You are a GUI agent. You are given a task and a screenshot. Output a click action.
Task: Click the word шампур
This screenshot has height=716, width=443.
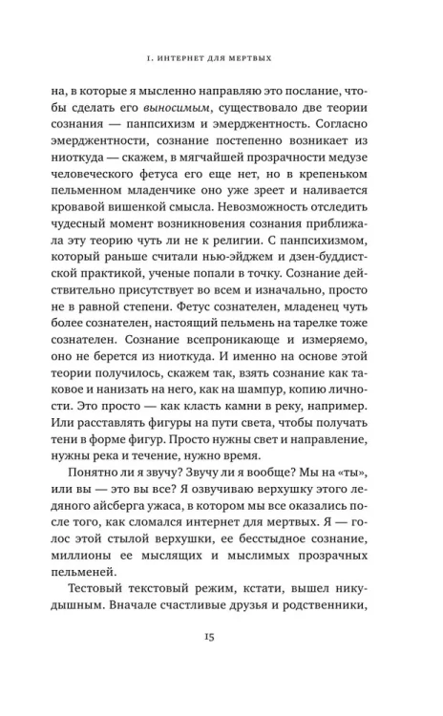[x=267, y=408]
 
